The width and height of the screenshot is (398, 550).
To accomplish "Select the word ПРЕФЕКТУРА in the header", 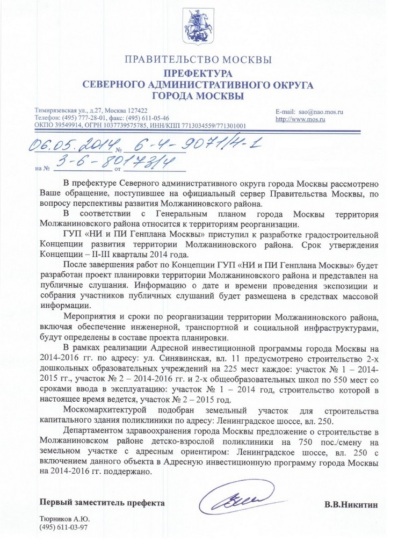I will pos(198,73).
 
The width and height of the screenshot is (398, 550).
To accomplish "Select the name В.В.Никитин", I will pos(351,504).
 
